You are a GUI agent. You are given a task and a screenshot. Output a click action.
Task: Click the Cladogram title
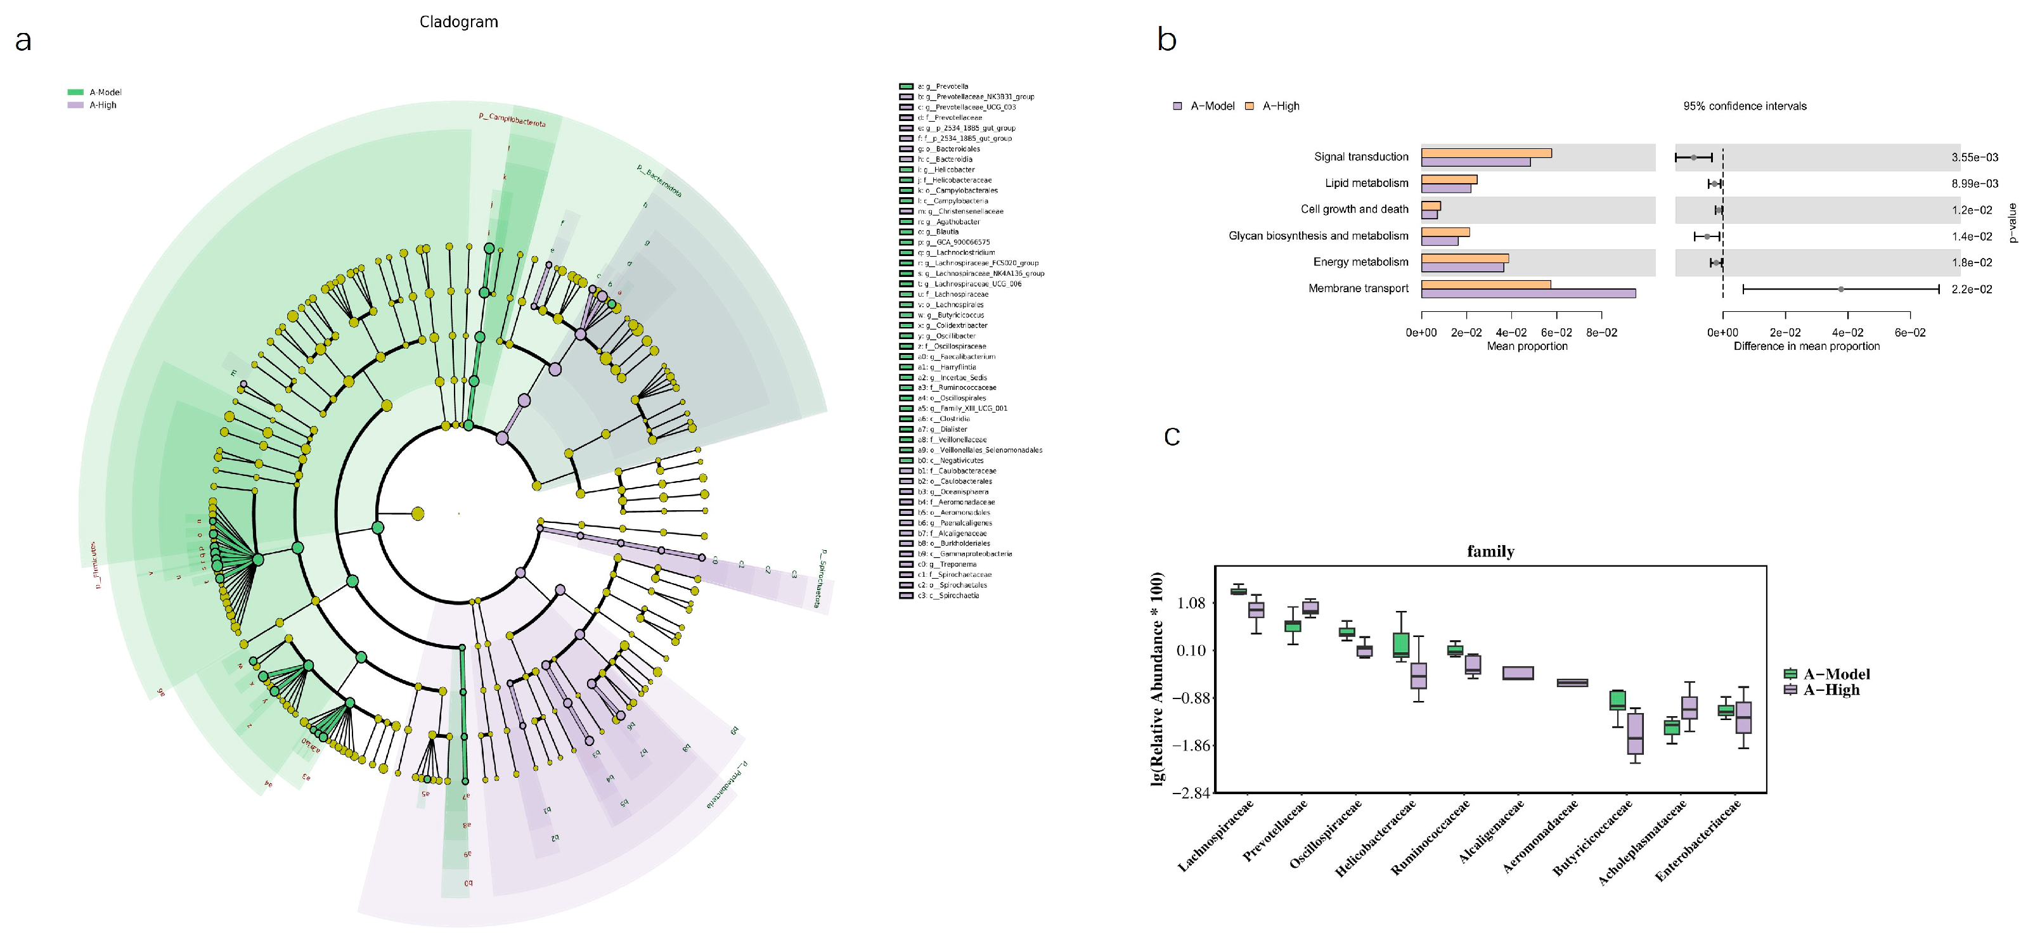458,22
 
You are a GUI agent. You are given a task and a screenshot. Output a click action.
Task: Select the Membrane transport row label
1358,288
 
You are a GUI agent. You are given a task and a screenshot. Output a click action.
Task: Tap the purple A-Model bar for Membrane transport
1527,293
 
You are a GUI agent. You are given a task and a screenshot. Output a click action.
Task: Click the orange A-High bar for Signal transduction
1485,153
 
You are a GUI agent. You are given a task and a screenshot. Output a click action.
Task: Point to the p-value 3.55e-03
1975,157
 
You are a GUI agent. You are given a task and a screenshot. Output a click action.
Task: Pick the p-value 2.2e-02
1972,289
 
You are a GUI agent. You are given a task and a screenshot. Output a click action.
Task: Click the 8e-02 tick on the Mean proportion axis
1601,332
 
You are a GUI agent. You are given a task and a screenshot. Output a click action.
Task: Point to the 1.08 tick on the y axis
1191,603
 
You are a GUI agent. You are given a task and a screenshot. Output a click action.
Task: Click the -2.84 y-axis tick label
1191,792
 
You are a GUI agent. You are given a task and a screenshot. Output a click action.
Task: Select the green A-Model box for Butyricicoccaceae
1617,700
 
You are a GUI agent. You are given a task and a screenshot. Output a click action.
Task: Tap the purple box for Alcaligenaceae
1518,673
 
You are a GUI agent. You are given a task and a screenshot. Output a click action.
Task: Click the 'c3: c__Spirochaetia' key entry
948,595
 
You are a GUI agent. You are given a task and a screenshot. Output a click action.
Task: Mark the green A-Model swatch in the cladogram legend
75,92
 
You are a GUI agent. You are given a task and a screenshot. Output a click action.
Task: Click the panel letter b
1166,39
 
